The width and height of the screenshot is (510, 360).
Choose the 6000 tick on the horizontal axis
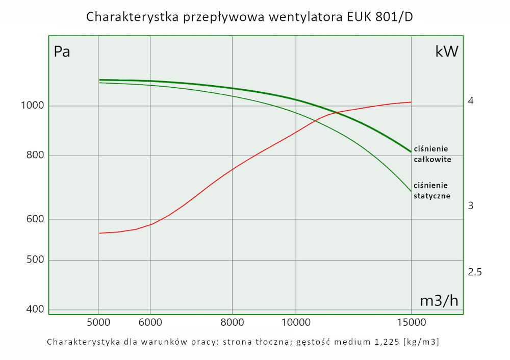click(x=150, y=322)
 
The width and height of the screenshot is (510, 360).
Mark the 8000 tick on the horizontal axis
click(x=232, y=322)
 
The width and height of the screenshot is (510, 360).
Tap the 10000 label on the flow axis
click(x=296, y=322)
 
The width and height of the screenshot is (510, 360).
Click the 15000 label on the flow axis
click(x=411, y=322)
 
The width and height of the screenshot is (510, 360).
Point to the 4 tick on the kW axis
click(x=471, y=101)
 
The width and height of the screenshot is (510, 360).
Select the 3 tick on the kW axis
click(x=471, y=205)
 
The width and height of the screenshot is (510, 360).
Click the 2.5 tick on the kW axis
click(x=475, y=272)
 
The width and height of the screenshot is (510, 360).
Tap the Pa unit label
click(x=62, y=52)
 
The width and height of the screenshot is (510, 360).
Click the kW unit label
click(x=447, y=52)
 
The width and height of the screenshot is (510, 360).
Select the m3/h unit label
click(x=439, y=301)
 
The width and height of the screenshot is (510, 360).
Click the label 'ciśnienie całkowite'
click(x=431, y=154)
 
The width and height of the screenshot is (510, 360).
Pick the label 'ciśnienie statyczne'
click(x=431, y=190)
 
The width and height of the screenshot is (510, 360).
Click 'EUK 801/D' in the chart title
click(x=377, y=17)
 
